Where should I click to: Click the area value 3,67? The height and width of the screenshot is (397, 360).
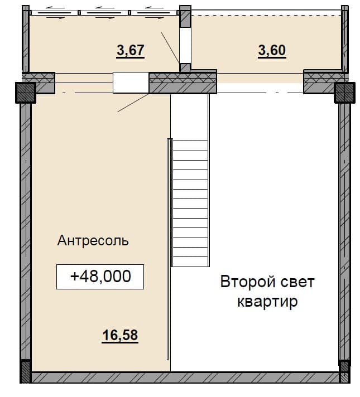(x=131, y=50)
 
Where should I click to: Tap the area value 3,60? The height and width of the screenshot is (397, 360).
(x=272, y=50)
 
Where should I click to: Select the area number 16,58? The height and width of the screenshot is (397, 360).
(x=120, y=335)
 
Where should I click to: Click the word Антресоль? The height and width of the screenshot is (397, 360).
(x=93, y=240)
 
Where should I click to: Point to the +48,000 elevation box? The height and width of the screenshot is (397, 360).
(x=100, y=277)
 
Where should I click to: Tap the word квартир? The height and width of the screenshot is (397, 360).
(x=267, y=302)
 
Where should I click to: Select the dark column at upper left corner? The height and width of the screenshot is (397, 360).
(x=26, y=93)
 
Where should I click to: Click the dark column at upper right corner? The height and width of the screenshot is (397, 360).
(x=344, y=93)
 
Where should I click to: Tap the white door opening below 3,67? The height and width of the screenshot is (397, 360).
(x=131, y=83)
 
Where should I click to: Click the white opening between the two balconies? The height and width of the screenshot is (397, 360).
(x=185, y=45)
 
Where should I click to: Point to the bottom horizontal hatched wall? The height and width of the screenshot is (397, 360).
(x=185, y=377)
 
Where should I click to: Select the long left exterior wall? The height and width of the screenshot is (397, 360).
(x=26, y=231)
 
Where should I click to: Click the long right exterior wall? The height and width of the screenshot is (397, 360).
(x=344, y=231)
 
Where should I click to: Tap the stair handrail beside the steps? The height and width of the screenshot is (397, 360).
(x=169, y=249)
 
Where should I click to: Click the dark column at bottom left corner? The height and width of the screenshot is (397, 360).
(x=25, y=371)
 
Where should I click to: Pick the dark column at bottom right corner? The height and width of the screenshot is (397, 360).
(x=345, y=371)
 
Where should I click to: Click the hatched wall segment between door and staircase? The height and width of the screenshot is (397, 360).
(x=183, y=83)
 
